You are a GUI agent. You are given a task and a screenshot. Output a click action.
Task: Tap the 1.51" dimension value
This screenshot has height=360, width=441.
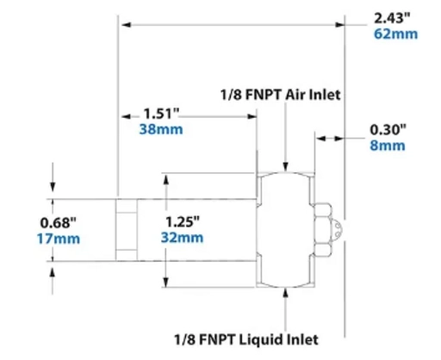coord(159,113)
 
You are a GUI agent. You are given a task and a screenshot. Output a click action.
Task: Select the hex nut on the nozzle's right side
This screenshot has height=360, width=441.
coord(323,229)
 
